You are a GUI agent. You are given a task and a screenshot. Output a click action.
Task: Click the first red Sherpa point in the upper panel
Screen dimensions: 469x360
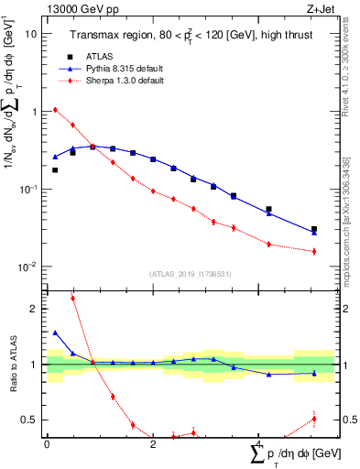[55, 110]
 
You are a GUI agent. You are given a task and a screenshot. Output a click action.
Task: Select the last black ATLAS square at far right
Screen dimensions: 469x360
[314, 229]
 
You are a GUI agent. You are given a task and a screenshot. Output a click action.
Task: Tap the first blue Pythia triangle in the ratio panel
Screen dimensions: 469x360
[55, 333]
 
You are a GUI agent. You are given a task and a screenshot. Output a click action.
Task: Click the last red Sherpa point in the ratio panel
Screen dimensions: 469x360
[314, 419]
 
